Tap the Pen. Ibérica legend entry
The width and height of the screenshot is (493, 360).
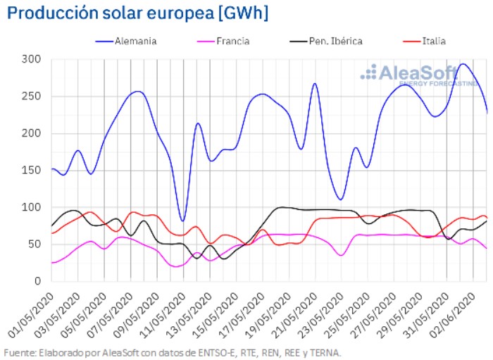click(335, 41)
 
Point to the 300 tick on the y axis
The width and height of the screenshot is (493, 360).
click(32, 59)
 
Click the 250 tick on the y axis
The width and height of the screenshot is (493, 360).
click(32, 97)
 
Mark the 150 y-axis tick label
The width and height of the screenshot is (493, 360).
click(32, 170)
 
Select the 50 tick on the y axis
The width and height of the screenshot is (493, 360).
click(35, 244)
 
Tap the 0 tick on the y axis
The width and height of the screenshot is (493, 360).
click(39, 282)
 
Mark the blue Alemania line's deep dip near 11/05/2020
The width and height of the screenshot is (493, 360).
click(183, 221)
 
